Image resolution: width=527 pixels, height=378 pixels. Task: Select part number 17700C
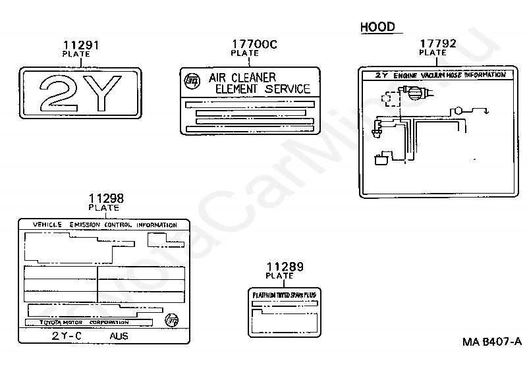[254, 44]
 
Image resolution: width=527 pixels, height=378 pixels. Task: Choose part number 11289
[285, 267]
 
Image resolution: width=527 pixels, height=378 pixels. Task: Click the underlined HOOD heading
[377, 27]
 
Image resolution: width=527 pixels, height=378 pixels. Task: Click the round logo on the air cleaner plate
[192, 82]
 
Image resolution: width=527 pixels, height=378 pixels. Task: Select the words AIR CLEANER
[242, 78]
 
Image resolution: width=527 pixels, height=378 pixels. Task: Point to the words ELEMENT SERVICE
[262, 89]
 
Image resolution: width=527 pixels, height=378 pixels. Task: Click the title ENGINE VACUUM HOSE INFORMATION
[449, 75]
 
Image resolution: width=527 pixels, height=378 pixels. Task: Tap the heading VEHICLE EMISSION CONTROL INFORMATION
[105, 225]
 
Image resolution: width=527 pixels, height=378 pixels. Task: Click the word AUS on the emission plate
[119, 335]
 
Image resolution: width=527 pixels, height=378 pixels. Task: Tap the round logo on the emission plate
[173, 320]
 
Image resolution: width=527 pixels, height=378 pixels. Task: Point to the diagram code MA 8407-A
[491, 341]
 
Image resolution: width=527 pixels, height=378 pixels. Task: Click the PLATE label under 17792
[433, 53]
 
